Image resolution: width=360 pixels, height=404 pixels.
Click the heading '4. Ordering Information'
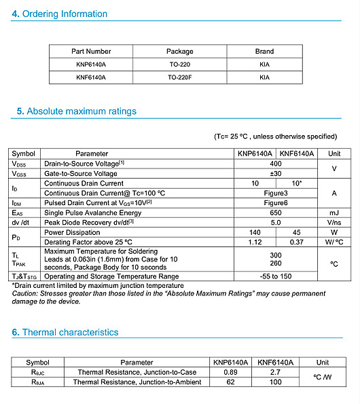(x=60, y=14)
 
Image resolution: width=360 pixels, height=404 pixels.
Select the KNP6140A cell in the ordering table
(x=91, y=64)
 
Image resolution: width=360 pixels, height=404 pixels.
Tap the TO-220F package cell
(x=179, y=77)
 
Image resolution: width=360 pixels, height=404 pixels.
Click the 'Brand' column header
(x=264, y=51)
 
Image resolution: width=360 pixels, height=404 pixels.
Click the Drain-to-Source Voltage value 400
(x=276, y=164)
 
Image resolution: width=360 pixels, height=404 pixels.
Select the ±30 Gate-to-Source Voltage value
(x=276, y=173)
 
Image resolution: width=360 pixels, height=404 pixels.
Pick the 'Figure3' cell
(x=276, y=193)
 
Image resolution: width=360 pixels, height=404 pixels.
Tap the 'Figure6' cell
(x=276, y=203)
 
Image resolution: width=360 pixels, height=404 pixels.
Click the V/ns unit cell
(x=334, y=223)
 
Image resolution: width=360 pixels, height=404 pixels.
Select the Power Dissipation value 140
(x=255, y=232)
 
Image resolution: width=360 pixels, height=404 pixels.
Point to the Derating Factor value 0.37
(x=297, y=242)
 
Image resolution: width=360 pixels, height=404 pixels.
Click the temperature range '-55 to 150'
(x=276, y=276)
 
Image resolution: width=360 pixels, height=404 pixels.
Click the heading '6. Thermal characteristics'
(x=65, y=332)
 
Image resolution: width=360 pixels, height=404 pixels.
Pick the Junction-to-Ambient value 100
(x=276, y=382)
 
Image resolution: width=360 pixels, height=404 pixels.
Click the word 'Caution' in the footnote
(x=24, y=293)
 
